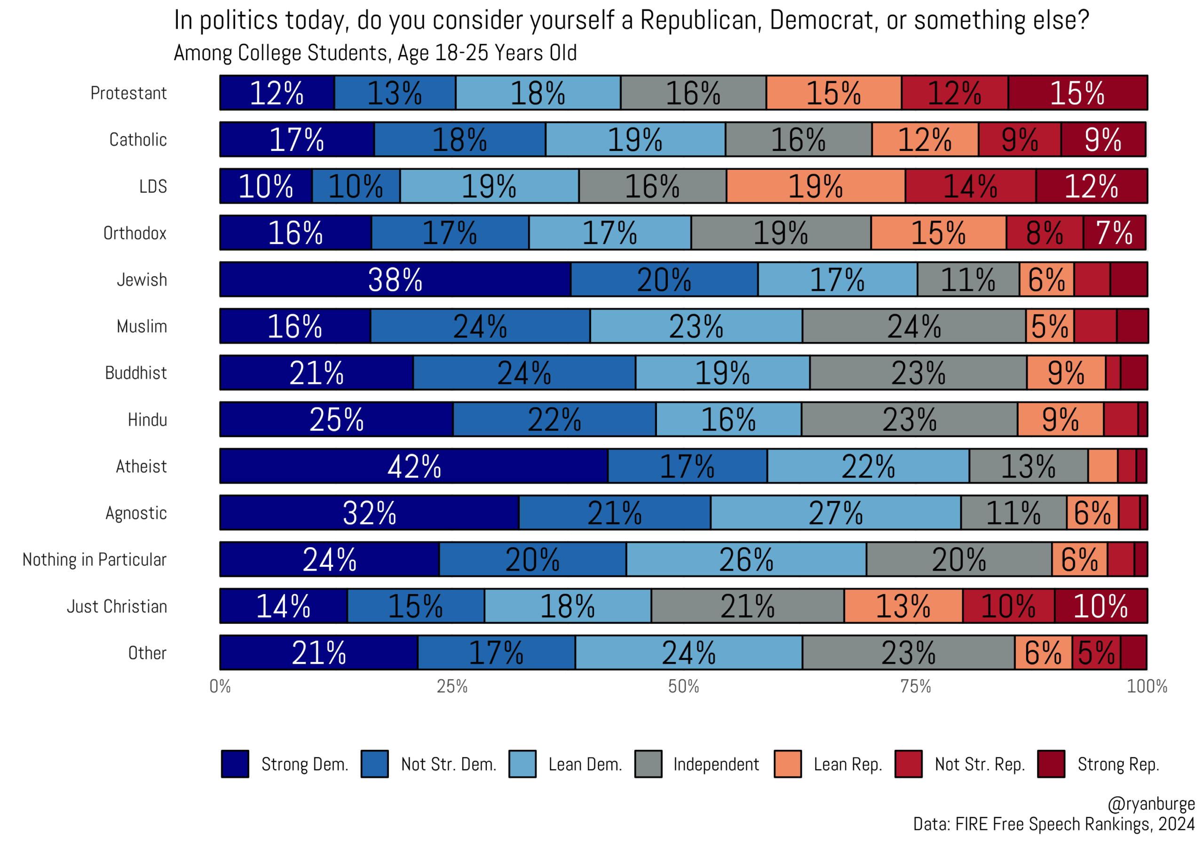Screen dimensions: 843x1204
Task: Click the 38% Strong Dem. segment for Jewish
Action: [x=395, y=279]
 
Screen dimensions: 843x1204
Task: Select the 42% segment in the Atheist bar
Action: [x=414, y=466]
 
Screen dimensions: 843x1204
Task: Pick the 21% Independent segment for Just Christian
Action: [x=747, y=606]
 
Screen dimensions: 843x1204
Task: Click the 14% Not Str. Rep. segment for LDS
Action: [x=970, y=186]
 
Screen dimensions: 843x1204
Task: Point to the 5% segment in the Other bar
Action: [x=1096, y=652]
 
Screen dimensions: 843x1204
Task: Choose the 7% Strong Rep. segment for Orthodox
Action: [x=1114, y=232]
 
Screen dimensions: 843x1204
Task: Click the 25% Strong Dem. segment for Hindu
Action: [x=336, y=419]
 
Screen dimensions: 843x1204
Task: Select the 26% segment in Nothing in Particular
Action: [x=746, y=559]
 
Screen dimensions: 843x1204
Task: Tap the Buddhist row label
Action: [x=136, y=373]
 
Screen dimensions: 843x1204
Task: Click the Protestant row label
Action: [x=128, y=93]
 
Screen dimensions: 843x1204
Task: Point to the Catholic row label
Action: [x=138, y=140]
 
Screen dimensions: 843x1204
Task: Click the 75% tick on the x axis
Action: [x=916, y=686]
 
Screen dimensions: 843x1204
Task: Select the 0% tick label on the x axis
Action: [x=220, y=686]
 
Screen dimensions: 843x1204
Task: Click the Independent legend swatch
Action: [x=648, y=764]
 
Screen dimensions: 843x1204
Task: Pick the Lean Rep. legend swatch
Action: [x=788, y=764]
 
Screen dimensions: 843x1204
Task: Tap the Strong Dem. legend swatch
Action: [x=235, y=764]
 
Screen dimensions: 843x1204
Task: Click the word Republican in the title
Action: [x=701, y=20]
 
